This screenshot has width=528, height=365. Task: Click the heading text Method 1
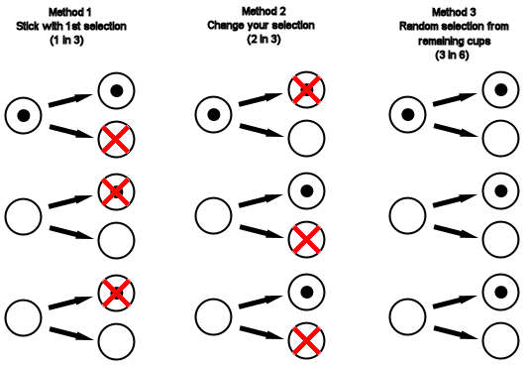(x=70, y=13)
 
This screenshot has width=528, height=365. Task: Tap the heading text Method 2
(x=264, y=12)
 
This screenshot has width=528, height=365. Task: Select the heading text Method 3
(x=454, y=13)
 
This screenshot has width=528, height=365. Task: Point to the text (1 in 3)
(x=66, y=41)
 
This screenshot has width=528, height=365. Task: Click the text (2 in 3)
(x=264, y=40)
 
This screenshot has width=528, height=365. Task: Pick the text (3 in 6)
(x=452, y=55)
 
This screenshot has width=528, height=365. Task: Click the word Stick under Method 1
(x=28, y=27)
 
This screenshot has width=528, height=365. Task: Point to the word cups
(x=479, y=42)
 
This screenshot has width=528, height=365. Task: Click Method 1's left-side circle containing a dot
(x=23, y=116)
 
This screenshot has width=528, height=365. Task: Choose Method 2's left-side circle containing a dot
(x=214, y=115)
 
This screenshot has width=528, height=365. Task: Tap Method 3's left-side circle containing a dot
(x=408, y=115)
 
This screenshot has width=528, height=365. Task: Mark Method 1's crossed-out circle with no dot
(x=116, y=140)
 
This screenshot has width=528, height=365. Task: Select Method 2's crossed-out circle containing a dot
(x=306, y=90)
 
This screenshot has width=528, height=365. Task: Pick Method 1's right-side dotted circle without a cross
(x=116, y=90)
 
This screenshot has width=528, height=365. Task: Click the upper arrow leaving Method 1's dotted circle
(x=70, y=100)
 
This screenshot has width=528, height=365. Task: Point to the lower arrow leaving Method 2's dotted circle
(x=262, y=131)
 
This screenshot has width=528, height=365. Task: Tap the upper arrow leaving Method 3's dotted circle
(x=455, y=99)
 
